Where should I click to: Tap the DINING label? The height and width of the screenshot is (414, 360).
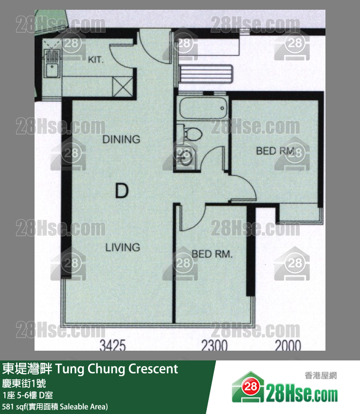point(121,139)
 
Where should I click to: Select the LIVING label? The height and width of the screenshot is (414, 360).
point(123,247)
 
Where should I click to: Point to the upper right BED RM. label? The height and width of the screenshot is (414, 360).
point(275,151)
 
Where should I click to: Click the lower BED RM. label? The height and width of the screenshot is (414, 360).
point(212,254)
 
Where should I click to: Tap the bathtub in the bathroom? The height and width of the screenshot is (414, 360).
point(202,108)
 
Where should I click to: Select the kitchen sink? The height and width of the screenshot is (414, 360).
point(52,70)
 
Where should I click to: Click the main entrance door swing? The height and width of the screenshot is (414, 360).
point(154,46)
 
